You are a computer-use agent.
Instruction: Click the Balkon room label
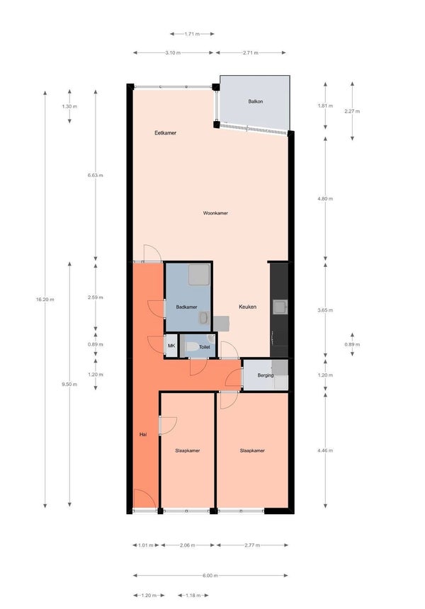tap(256, 101)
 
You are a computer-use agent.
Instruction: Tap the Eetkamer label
tap(166, 133)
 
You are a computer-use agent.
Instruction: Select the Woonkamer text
tap(215, 213)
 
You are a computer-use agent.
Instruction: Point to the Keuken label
tap(247, 307)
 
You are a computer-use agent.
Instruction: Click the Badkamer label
tap(187, 307)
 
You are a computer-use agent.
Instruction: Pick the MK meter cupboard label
tap(171, 346)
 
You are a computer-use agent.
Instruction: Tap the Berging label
tap(266, 375)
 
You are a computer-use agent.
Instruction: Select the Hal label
tap(143, 435)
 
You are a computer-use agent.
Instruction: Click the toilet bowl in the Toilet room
tap(191, 347)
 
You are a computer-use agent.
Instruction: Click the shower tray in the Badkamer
tap(199, 275)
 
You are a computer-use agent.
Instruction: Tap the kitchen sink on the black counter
tap(280, 307)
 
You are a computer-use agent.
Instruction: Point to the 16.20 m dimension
tap(45, 300)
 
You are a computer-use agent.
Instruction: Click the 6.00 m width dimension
tap(210, 576)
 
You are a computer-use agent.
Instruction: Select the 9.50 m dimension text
tap(69, 385)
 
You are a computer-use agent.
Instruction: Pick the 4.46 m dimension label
tap(325, 451)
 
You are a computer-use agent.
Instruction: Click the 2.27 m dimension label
tap(352, 111)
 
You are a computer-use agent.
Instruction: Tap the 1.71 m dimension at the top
tap(192, 34)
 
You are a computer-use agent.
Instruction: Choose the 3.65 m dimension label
tap(325, 310)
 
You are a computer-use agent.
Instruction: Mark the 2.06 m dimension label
tap(188, 545)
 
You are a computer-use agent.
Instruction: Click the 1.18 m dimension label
tap(193, 596)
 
